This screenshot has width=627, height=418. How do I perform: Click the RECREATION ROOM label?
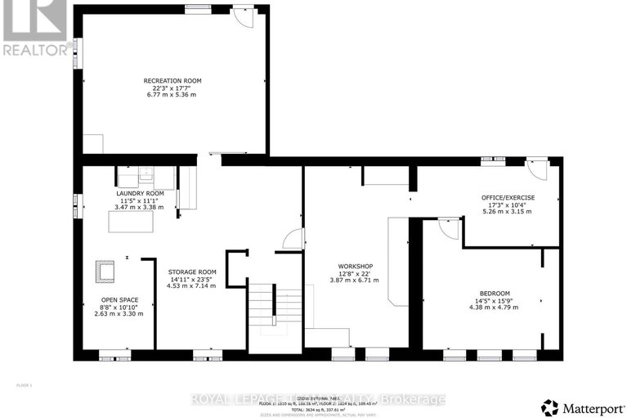(172, 81)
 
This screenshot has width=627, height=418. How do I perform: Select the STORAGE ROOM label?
(191, 272)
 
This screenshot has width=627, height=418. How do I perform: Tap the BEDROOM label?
(495, 294)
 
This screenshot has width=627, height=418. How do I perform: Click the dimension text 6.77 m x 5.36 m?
(172, 95)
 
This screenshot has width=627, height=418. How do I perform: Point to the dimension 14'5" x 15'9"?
(495, 301)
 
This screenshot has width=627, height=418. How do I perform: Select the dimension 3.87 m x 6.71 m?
(356, 281)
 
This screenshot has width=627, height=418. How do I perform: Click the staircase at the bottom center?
(264, 315)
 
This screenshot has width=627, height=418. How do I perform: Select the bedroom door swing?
(449, 228)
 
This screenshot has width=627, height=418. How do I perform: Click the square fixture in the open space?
(105, 270)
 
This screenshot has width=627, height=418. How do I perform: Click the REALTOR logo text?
(34, 50)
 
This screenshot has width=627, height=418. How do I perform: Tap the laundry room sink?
(146, 174)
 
